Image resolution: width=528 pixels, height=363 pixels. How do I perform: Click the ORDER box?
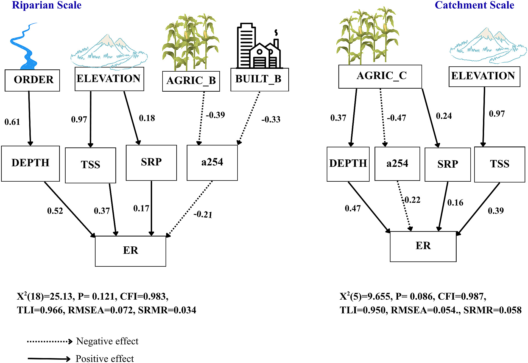32,80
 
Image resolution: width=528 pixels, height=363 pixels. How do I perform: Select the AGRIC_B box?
191,81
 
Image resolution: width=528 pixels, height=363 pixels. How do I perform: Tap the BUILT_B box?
259,80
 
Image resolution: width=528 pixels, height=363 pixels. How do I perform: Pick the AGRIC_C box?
380,77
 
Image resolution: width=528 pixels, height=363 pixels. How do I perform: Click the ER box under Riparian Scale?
130,251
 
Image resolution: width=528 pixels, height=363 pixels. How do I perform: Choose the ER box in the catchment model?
423,246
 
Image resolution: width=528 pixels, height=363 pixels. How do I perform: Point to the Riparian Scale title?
47,5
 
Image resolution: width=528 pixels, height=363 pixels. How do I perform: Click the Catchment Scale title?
474,5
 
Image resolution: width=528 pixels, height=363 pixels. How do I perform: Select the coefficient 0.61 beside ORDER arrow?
12,122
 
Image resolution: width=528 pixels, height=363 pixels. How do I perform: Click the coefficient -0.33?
271,119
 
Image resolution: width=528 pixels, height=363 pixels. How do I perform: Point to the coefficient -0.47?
396,118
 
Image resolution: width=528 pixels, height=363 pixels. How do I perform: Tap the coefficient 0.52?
55,211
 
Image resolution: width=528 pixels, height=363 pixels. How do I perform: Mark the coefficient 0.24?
444,116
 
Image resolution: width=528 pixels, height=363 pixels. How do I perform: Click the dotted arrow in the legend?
50,342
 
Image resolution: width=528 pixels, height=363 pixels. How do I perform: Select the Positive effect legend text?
105,359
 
